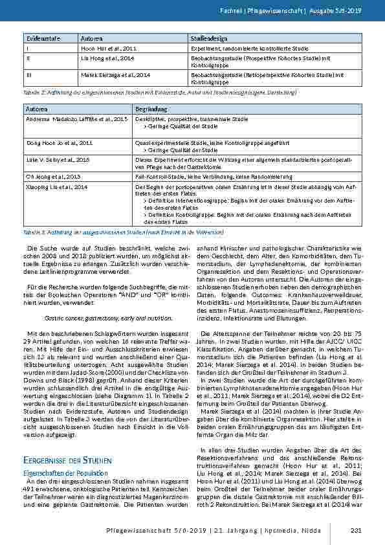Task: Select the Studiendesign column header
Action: (x=207, y=39)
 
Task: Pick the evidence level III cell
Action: (x=27, y=75)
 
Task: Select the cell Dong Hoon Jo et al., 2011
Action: (x=59, y=140)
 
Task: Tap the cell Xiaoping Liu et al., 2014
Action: (x=56, y=186)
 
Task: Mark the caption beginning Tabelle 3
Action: (x=124, y=231)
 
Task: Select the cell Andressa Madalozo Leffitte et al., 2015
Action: (x=72, y=119)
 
